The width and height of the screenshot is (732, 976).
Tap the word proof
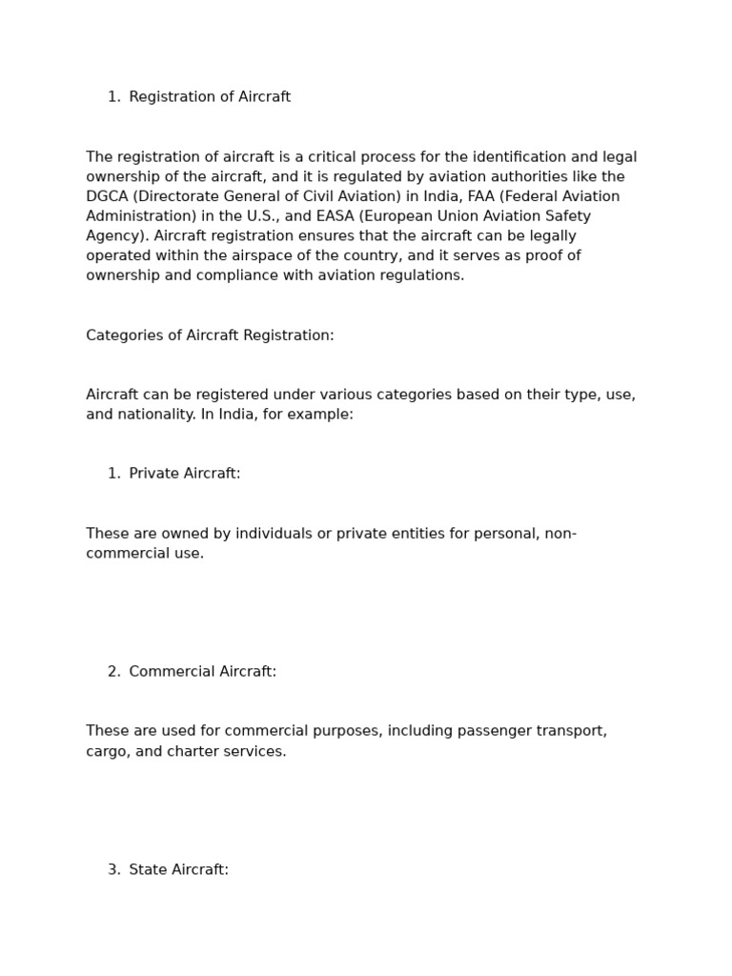click(541, 255)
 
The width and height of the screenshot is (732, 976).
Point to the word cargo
click(107, 752)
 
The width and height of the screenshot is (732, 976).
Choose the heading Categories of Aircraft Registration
click(210, 335)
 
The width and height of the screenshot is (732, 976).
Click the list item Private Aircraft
click(184, 474)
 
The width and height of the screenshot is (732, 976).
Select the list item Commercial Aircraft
click(202, 672)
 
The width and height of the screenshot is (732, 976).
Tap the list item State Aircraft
click(178, 870)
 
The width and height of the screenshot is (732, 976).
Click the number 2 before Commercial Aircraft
click(112, 672)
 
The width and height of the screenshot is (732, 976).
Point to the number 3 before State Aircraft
click(112, 870)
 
